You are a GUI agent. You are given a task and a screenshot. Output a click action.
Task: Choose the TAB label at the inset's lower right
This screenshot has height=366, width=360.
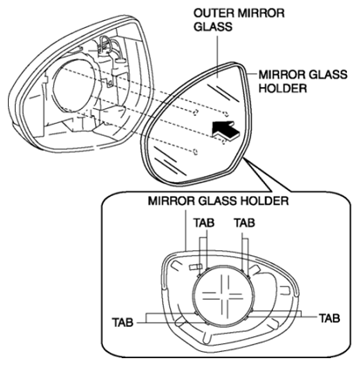[x=329, y=319]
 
